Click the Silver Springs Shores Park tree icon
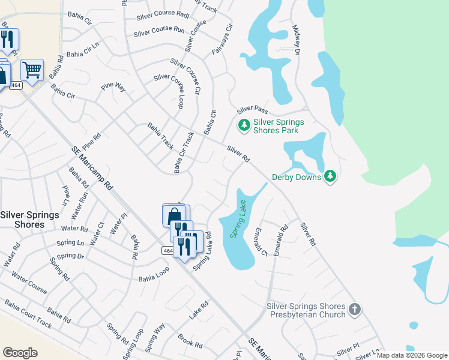pyautogui.click(x=244, y=125)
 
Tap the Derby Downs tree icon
pyautogui.click(x=329, y=176)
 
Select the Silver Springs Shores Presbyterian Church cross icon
pyautogui.click(x=355, y=310)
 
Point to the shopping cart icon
pyautogui.click(x=32, y=69)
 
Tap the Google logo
pyautogui.click(x=20, y=352)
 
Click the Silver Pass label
pyautogui.click(x=252, y=109)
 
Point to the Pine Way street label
pyautogui.click(x=113, y=87)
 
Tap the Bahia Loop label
pyautogui.click(x=154, y=274)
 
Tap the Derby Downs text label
pyautogui.click(x=297, y=177)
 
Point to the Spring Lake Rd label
pyautogui.click(x=203, y=251)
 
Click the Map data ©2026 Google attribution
pyautogui.click(x=412, y=355)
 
